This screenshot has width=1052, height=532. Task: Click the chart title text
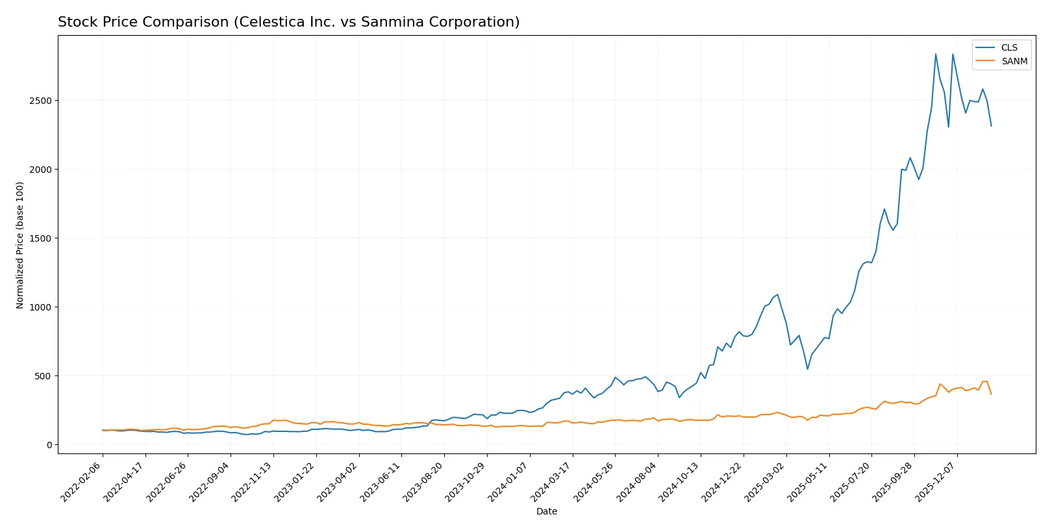(288, 22)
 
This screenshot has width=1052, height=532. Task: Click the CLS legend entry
(1008, 47)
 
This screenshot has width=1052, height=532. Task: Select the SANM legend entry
(1014, 61)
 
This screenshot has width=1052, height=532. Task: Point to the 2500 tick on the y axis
(40, 101)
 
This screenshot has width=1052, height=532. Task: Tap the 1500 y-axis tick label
(40, 238)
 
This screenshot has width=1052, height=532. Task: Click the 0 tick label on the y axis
(49, 445)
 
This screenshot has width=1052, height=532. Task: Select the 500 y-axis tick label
(43, 376)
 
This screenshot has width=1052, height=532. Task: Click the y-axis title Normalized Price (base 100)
(20, 245)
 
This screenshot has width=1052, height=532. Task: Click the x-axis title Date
(546, 511)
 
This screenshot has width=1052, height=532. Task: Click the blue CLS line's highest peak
(936, 54)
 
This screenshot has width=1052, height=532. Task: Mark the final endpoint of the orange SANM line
(991, 394)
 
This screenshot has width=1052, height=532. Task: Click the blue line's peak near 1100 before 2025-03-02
(777, 294)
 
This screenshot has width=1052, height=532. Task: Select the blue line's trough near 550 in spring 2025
(808, 369)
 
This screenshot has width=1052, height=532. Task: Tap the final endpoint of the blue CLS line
(991, 126)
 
